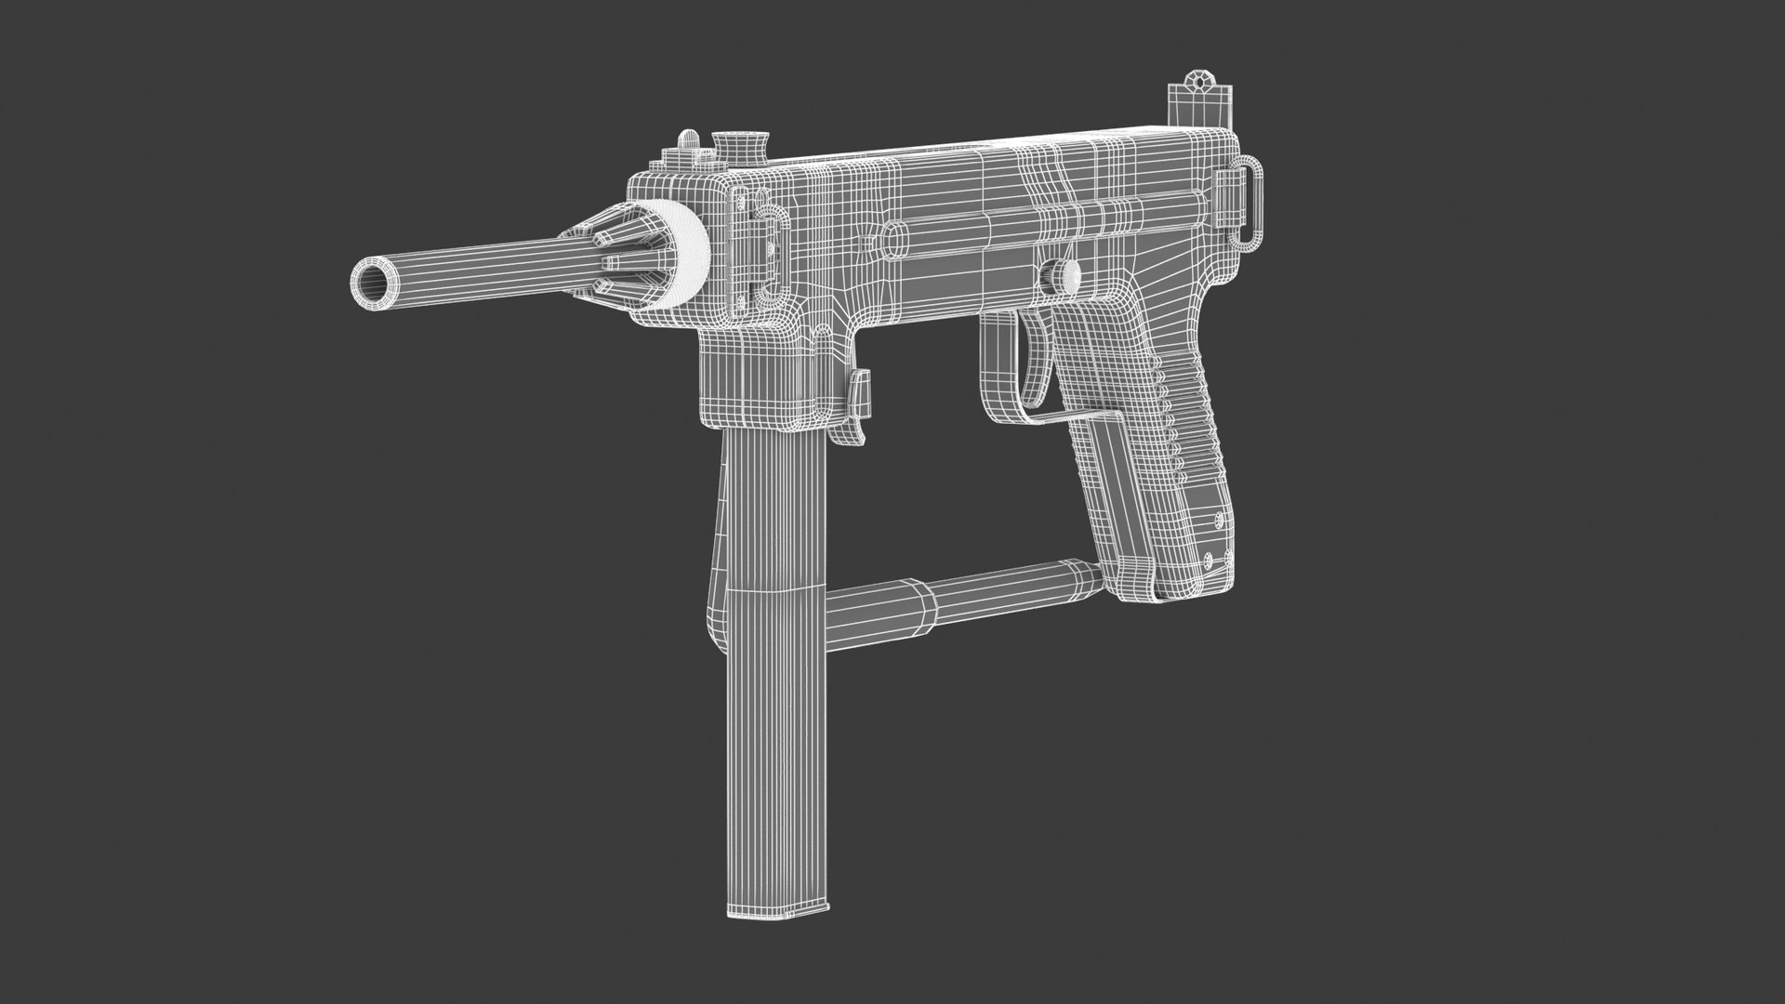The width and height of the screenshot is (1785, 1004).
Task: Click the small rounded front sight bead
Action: click(687, 141)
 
